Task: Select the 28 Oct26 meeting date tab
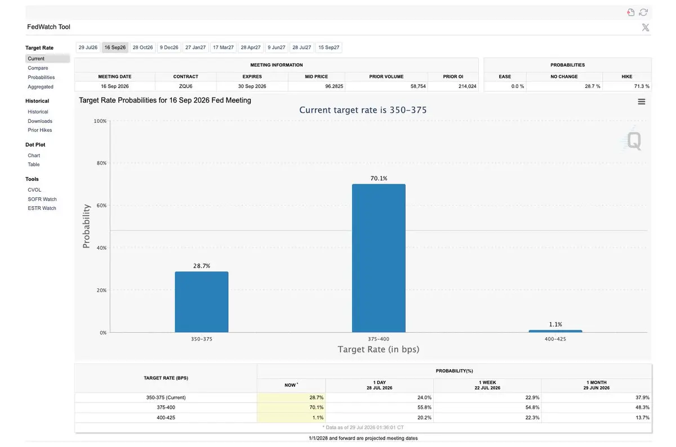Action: [143, 47]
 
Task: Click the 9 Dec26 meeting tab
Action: [169, 47]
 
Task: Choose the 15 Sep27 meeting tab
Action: [328, 47]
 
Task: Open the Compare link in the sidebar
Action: [38, 68]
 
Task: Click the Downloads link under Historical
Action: [40, 121]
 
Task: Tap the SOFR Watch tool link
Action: [42, 200]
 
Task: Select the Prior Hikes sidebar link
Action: [40, 130]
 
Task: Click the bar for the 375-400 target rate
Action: [379, 258]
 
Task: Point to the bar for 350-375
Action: [202, 302]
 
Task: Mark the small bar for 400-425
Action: [555, 331]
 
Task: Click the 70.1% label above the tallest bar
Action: [379, 179]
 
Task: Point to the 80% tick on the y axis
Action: [101, 163]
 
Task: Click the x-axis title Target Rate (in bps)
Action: [379, 349]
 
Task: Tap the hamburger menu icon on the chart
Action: [641, 102]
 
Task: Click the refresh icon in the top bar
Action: [643, 12]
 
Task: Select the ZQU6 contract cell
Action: [185, 86]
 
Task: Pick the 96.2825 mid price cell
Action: [334, 86]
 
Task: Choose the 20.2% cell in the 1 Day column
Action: [424, 418]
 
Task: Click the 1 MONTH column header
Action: [597, 385]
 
